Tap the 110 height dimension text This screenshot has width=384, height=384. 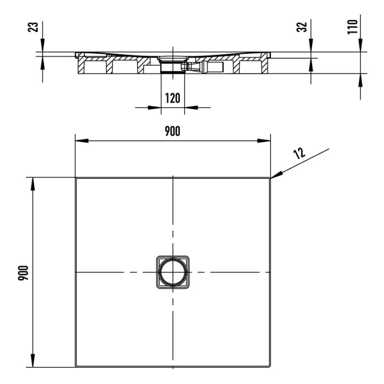[352, 26]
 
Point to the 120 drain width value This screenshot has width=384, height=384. [172, 98]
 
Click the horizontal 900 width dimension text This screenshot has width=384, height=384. [172, 131]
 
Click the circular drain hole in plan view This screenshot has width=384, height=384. [172, 272]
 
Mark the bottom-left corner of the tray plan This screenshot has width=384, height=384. [76, 366]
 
